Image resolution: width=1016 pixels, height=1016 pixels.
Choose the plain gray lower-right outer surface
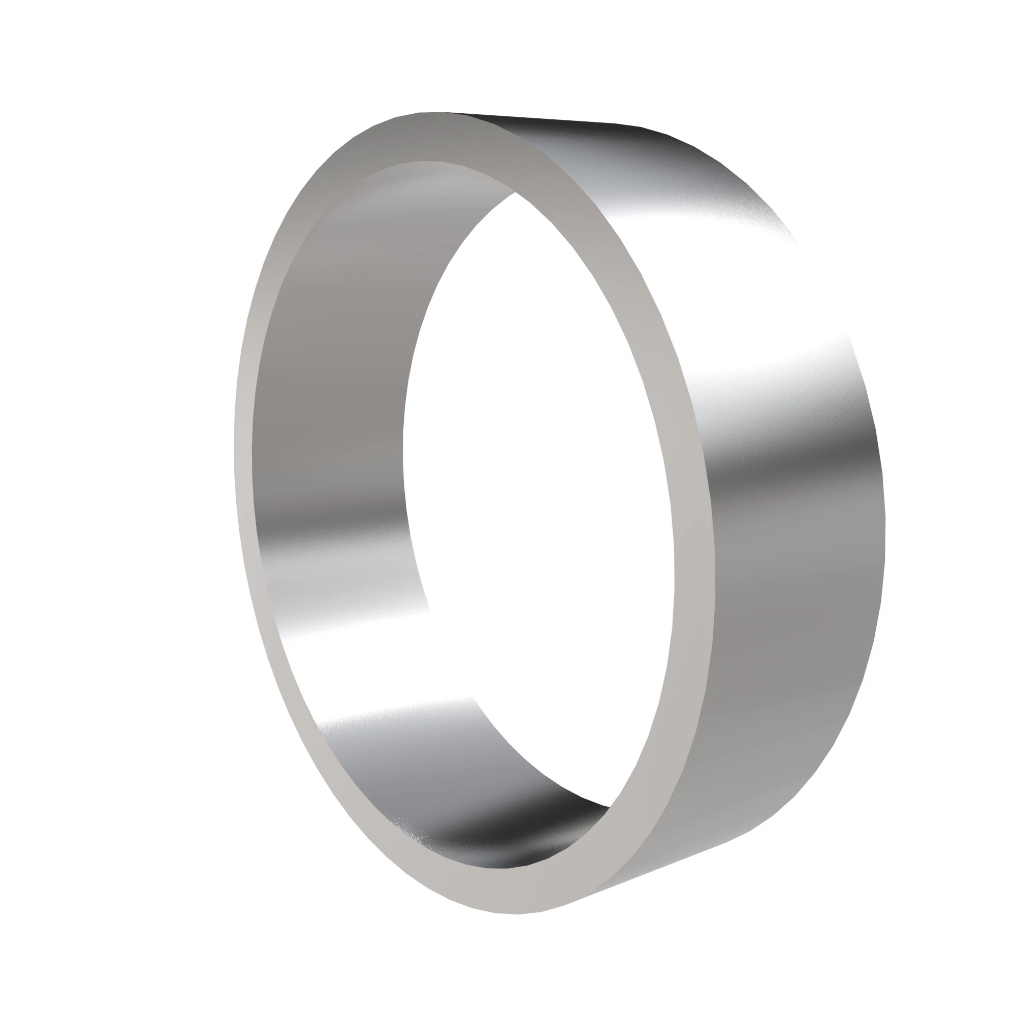point(778,657)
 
